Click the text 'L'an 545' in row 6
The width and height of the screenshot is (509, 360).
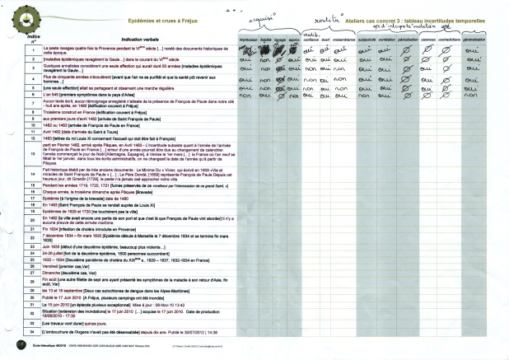point(51,94)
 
